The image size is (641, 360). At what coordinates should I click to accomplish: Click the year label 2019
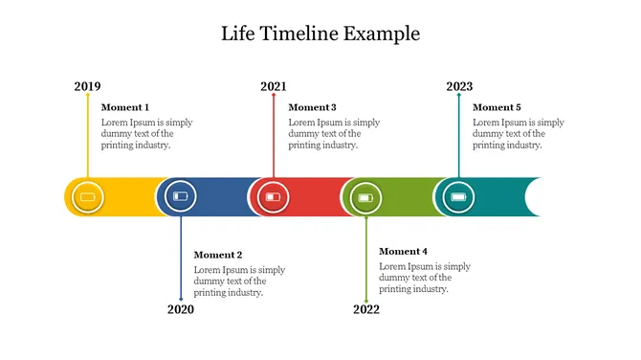point(87,87)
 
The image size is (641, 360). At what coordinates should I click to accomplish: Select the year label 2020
point(180,309)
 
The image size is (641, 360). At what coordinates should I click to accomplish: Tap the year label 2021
point(273,87)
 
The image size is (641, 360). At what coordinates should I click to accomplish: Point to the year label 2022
point(365,309)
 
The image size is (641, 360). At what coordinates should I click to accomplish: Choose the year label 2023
point(459,87)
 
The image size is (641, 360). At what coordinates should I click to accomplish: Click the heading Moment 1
point(125,107)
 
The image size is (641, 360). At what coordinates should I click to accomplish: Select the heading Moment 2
point(218,255)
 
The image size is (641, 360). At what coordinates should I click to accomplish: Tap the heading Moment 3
point(312,107)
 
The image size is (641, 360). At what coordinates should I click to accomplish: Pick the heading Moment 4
point(403,251)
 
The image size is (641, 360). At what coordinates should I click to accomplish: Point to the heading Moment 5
point(497,107)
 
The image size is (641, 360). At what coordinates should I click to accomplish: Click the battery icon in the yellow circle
point(88,197)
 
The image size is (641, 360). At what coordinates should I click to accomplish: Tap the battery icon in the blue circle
point(181,197)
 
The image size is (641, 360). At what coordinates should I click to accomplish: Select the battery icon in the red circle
point(274,197)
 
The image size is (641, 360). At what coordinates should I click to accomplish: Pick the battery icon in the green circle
point(365,197)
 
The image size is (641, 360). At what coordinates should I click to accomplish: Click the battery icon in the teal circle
point(459,197)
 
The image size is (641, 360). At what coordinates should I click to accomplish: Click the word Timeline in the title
point(300,34)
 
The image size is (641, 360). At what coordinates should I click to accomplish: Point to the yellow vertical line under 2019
point(87,134)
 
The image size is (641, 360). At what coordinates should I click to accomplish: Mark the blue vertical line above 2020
point(181,259)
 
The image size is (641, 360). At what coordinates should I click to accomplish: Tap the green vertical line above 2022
point(365,259)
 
